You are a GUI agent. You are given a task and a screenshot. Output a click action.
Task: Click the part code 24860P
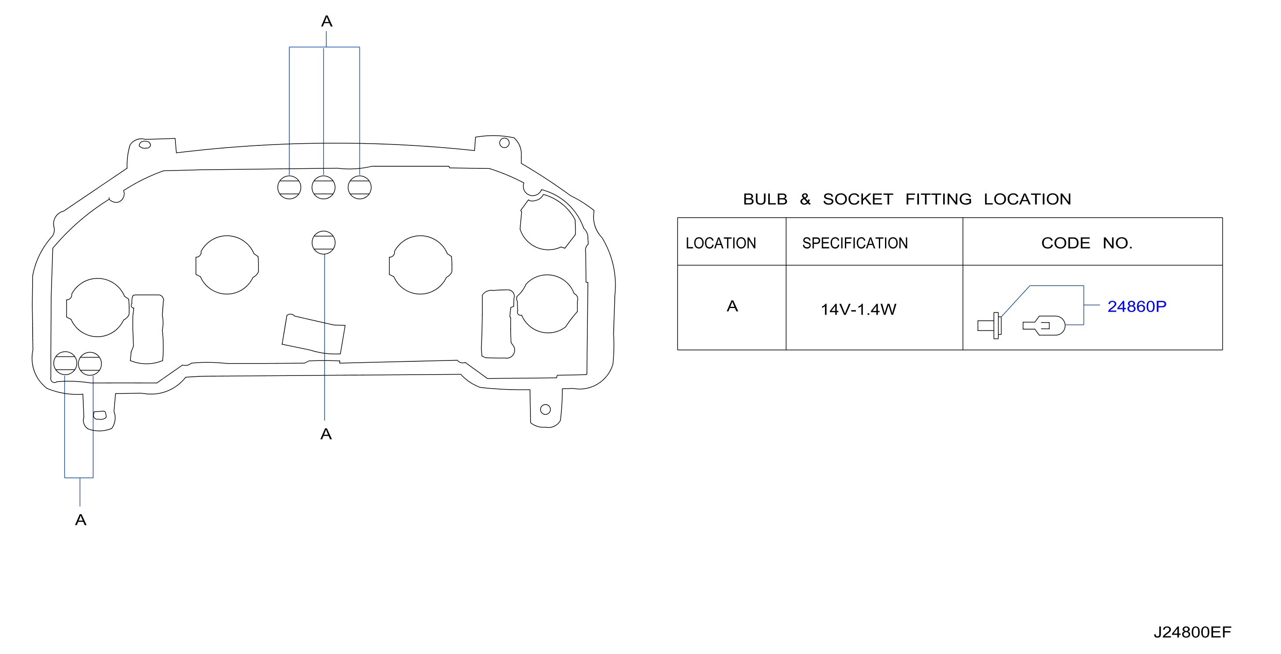pyautogui.click(x=1136, y=307)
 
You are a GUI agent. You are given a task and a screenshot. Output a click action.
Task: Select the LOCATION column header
pyautogui.click(x=721, y=243)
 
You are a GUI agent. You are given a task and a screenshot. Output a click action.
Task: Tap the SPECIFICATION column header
pyautogui.click(x=855, y=243)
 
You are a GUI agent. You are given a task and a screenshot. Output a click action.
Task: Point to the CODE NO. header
pyautogui.click(x=1087, y=243)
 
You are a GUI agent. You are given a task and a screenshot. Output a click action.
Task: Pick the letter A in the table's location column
pyautogui.click(x=732, y=306)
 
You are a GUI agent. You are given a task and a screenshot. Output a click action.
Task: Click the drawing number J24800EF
pyautogui.click(x=1192, y=632)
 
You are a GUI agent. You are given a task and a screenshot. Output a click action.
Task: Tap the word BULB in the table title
pyautogui.click(x=765, y=199)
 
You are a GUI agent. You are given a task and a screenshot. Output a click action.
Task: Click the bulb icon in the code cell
pyautogui.click(x=1044, y=326)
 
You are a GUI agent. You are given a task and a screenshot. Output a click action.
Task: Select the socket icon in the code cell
pyautogui.click(x=990, y=326)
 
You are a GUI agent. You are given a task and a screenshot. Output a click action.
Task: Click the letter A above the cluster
pyautogui.click(x=326, y=21)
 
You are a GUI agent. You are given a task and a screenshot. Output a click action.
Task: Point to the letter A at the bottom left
pyautogui.click(x=81, y=520)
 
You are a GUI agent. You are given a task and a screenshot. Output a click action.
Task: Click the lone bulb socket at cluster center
pyautogui.click(x=324, y=242)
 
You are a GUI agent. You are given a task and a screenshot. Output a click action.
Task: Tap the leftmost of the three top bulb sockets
pyautogui.click(x=289, y=187)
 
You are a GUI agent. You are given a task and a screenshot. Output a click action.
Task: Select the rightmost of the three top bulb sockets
pyautogui.click(x=359, y=187)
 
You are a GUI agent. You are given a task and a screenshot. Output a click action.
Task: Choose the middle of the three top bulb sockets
pyautogui.click(x=324, y=187)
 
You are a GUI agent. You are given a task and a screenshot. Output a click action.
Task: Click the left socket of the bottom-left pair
pyautogui.click(x=65, y=363)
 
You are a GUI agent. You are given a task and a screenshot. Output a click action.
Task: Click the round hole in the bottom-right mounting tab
pyautogui.click(x=545, y=409)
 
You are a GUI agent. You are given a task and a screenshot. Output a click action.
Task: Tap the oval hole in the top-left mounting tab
pyautogui.click(x=145, y=145)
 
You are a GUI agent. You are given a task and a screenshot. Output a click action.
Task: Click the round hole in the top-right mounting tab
pyautogui.click(x=504, y=143)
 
